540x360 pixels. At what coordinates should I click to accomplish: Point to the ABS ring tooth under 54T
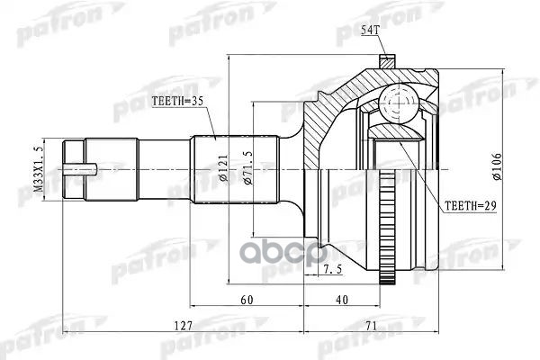click(385, 62)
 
